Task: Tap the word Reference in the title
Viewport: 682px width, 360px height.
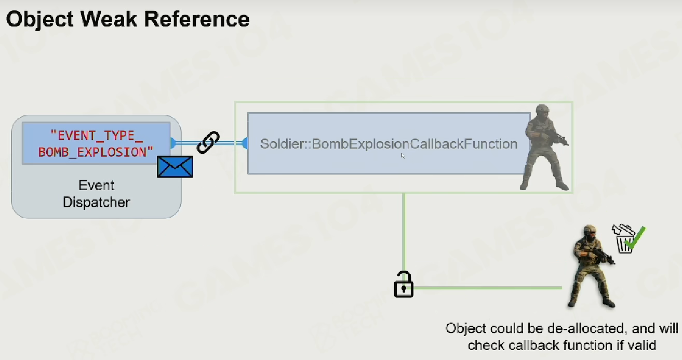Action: point(197,19)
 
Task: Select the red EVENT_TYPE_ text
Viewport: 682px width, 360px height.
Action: point(97,135)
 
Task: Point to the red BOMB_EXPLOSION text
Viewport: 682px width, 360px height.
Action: point(96,152)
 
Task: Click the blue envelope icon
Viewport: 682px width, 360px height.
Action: point(175,167)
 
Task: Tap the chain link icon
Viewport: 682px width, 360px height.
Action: point(208,142)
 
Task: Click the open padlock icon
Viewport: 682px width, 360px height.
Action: point(404,284)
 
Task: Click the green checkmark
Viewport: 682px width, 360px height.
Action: point(635,237)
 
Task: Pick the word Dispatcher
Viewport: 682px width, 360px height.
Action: point(97,202)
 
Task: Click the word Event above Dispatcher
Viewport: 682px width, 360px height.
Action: point(97,185)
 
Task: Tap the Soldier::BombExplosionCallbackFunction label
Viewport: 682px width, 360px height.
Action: point(389,144)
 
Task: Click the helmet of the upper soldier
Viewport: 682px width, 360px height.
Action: point(542,109)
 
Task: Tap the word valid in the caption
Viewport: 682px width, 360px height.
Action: point(640,345)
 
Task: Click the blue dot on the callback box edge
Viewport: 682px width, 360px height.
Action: point(245,143)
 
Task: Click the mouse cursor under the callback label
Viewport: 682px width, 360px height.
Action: point(403,156)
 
